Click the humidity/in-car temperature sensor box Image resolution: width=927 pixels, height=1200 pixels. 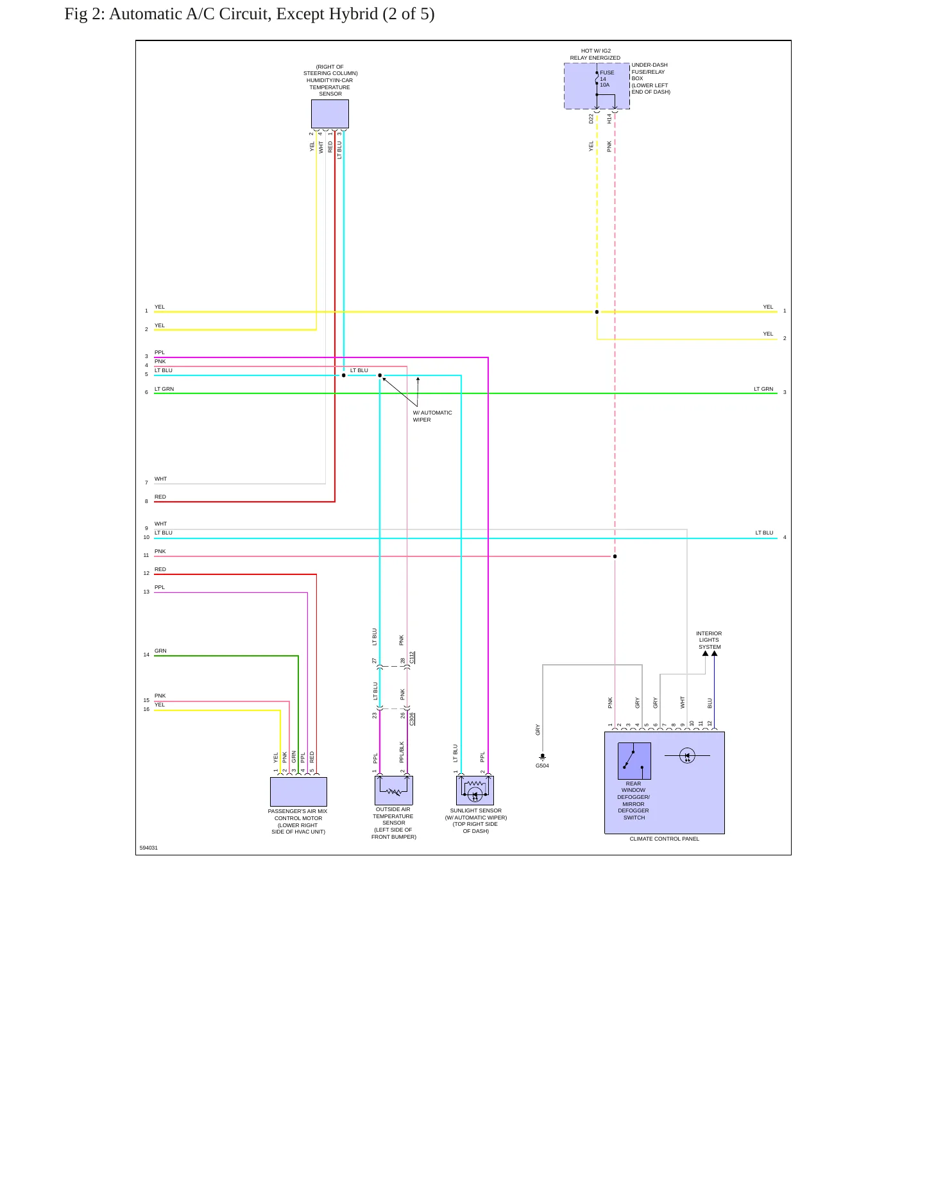point(330,114)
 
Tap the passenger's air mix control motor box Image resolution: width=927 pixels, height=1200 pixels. point(298,791)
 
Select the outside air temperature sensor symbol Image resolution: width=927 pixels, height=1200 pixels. point(394,790)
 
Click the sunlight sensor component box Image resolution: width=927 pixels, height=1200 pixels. point(475,790)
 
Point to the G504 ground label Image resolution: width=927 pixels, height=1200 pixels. point(542,766)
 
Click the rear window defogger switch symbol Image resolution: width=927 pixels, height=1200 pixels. point(634,760)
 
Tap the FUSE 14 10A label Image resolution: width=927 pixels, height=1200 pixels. point(606,79)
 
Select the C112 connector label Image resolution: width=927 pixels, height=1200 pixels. point(412,658)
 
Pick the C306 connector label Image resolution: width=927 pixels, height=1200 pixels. point(412,719)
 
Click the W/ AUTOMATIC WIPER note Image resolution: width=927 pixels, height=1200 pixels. point(432,416)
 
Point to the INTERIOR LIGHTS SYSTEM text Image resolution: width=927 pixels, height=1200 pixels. point(709,640)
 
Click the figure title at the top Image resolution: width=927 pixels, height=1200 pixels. point(250,14)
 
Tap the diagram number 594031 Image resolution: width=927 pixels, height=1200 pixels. point(149,848)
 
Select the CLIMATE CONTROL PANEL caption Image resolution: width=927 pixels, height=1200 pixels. point(664,839)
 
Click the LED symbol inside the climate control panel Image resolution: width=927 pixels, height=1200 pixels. point(687,756)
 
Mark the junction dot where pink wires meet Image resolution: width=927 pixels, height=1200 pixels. point(615,556)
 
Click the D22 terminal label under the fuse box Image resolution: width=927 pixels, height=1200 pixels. point(591,119)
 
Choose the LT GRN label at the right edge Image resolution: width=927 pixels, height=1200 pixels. point(763,389)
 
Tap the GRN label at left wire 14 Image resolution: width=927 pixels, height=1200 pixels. point(160,651)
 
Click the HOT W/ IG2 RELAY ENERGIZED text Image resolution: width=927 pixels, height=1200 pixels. point(595,55)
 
